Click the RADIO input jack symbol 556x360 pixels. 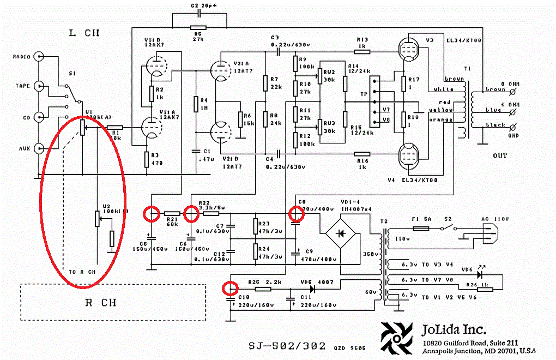(x=39, y=56)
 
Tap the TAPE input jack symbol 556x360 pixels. (x=39, y=86)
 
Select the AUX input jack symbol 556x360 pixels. (x=39, y=148)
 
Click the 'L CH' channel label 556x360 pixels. (x=84, y=33)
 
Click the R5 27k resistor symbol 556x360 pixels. (x=198, y=27)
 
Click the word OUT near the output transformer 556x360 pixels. (x=500, y=155)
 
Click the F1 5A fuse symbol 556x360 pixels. (x=421, y=229)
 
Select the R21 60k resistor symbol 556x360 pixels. (x=172, y=214)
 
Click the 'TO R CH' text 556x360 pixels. (x=82, y=271)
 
